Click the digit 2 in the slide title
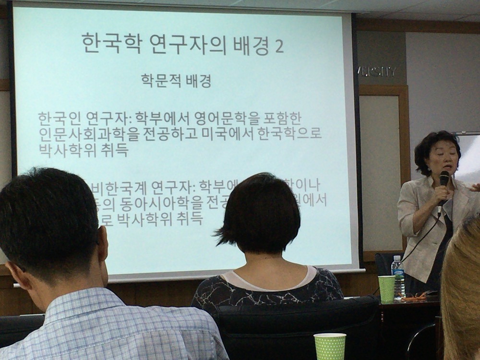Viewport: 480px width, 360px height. pos(278,46)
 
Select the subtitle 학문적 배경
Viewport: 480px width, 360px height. pos(176,80)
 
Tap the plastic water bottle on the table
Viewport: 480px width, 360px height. pos(397,276)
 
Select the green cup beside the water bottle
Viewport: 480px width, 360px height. pos(386,288)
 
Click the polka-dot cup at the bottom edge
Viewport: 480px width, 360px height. pos(330,346)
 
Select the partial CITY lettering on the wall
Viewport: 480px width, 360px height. pos(379,72)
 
